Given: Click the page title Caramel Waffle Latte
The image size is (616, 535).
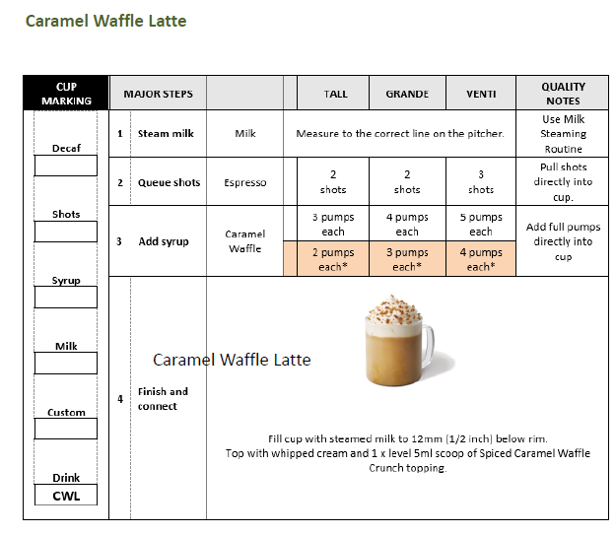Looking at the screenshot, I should click(x=105, y=21).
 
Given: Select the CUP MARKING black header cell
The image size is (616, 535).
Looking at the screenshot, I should click(x=66, y=94).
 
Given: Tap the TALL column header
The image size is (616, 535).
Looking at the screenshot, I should click(x=335, y=95).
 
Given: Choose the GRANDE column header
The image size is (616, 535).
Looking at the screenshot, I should click(x=407, y=95).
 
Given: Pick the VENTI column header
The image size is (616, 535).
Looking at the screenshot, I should click(x=481, y=95).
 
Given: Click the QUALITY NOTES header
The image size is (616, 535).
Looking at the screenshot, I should click(x=563, y=94).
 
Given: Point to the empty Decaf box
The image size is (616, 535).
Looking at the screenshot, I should click(x=66, y=166).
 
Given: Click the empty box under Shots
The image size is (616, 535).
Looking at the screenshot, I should click(x=66, y=232).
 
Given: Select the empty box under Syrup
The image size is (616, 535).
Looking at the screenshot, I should click(x=66, y=298).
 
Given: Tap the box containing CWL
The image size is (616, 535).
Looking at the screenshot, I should click(x=66, y=496).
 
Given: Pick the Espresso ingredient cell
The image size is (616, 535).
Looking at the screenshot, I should click(x=244, y=182).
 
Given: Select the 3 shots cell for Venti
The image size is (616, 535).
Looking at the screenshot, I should click(x=481, y=182).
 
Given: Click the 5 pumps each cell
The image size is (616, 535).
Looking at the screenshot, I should click(x=481, y=225).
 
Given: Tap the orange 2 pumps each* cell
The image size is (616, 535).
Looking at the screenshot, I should click(x=333, y=260).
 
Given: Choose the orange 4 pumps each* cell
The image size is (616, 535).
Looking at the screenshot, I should click(x=481, y=260).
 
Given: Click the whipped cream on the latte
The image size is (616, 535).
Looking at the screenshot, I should click(x=393, y=309).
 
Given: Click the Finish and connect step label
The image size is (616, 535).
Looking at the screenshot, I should click(x=163, y=398).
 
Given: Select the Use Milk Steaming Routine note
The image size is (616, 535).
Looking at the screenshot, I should click(x=563, y=134).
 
